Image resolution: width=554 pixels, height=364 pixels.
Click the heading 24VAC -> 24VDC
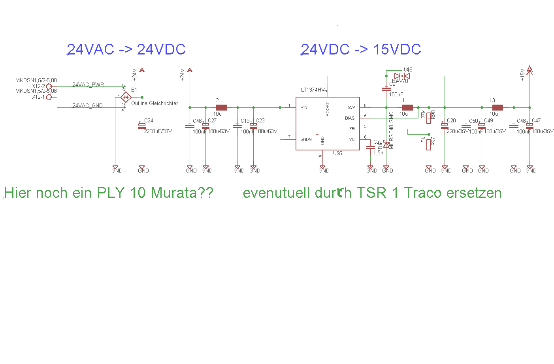click(126, 49)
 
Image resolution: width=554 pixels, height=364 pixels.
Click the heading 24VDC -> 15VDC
click(361, 49)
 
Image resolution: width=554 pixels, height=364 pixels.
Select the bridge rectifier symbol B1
click(126, 97)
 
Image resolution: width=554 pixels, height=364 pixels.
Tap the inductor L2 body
click(221, 107)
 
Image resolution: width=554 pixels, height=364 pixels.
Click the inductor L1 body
click(407, 107)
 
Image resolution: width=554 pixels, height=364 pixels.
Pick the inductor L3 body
click(497, 107)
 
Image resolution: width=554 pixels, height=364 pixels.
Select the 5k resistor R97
click(429, 145)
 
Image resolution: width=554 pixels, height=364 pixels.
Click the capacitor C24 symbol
click(142, 126)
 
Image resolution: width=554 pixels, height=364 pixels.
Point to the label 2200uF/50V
click(158, 131)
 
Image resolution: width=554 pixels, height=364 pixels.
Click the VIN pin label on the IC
click(304, 107)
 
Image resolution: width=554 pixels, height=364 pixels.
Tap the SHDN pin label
click(306, 139)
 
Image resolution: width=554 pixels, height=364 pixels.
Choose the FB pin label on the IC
click(352, 129)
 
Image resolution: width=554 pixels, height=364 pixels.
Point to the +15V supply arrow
click(530, 71)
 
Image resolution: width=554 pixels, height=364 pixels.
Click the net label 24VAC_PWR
click(88, 84)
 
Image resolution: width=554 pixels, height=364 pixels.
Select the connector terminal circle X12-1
click(49, 97)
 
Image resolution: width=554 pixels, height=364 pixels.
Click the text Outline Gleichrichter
click(155, 103)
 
